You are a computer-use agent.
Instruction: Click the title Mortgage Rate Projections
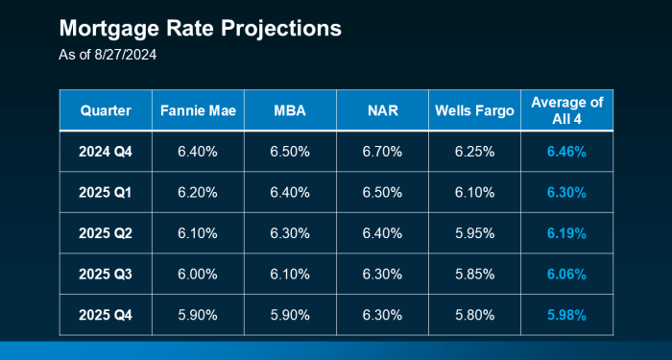point(200,29)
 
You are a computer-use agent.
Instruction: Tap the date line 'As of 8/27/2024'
point(108,56)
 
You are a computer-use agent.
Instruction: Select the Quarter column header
point(106,110)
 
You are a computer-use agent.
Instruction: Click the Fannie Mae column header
point(198,110)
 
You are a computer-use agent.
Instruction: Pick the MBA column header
point(290,110)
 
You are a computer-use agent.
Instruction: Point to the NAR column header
point(382,110)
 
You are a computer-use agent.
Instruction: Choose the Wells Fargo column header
point(474,110)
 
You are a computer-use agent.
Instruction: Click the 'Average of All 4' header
point(566,110)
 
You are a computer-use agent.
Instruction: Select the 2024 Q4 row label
point(106,151)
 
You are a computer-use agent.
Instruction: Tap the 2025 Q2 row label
point(106,232)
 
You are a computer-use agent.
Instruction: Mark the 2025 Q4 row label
point(106,314)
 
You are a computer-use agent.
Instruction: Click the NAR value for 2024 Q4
point(382,151)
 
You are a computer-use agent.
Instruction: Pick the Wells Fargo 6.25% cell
point(474,151)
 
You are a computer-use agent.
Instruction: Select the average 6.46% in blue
point(566,151)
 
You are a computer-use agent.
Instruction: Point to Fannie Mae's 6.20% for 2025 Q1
point(198,192)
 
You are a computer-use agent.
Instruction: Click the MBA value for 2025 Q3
point(290,274)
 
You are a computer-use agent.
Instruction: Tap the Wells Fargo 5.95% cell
point(474,232)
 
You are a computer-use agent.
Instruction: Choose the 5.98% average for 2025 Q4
point(566,314)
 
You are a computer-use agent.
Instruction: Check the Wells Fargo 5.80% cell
point(474,314)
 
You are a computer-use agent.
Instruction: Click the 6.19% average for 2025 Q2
point(566,232)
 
